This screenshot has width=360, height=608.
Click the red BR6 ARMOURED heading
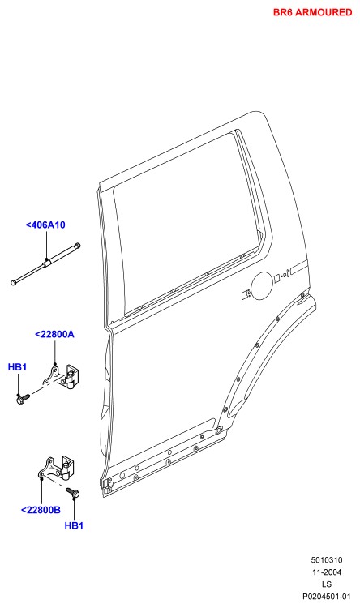312,12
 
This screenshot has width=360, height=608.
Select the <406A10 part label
45,225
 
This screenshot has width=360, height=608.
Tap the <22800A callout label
54,334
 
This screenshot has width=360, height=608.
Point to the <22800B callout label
41,510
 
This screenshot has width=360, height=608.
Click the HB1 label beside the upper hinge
18,366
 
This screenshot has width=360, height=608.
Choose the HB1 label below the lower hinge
74,526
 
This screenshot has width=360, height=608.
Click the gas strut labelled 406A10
45,263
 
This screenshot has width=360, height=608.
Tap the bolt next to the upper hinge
23,398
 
